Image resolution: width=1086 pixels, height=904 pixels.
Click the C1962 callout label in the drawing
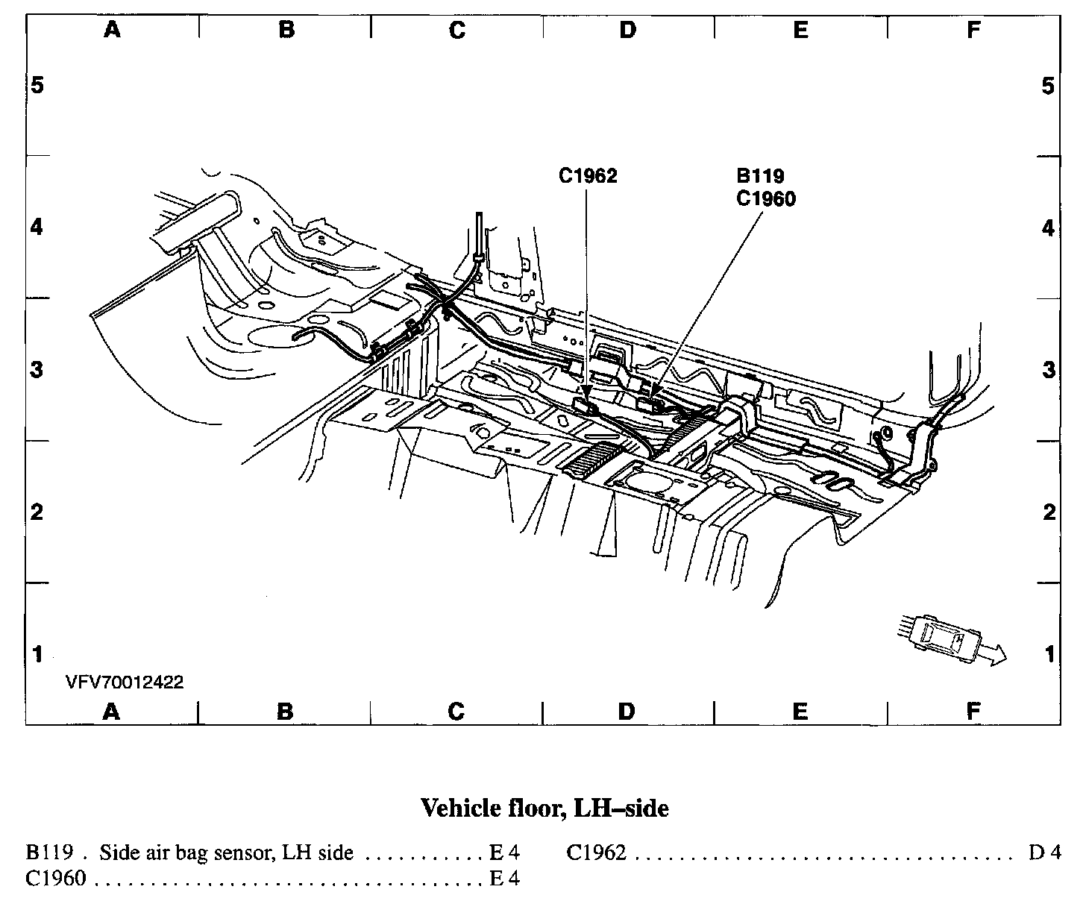click(588, 176)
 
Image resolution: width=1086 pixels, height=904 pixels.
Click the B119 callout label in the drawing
click(760, 176)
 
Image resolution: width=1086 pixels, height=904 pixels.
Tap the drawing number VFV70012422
click(124, 682)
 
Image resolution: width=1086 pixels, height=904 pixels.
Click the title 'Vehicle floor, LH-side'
click(544, 808)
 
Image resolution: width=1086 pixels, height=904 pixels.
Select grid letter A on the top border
click(112, 30)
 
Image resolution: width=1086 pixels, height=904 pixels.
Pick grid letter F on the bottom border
click(973, 712)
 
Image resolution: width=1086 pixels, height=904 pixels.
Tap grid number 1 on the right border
click(1049, 654)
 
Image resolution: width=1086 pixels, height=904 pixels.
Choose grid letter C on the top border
click(457, 30)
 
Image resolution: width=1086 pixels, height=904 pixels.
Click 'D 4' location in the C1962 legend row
click(1044, 852)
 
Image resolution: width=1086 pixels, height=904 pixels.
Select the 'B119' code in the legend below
click(48, 852)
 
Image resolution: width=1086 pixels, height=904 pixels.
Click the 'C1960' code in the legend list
click(56, 878)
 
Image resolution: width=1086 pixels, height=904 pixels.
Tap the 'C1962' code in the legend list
click(596, 852)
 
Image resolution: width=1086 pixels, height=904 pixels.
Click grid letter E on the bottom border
click(800, 712)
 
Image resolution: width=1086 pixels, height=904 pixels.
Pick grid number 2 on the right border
click(1049, 512)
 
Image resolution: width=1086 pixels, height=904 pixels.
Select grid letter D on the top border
click(628, 30)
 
